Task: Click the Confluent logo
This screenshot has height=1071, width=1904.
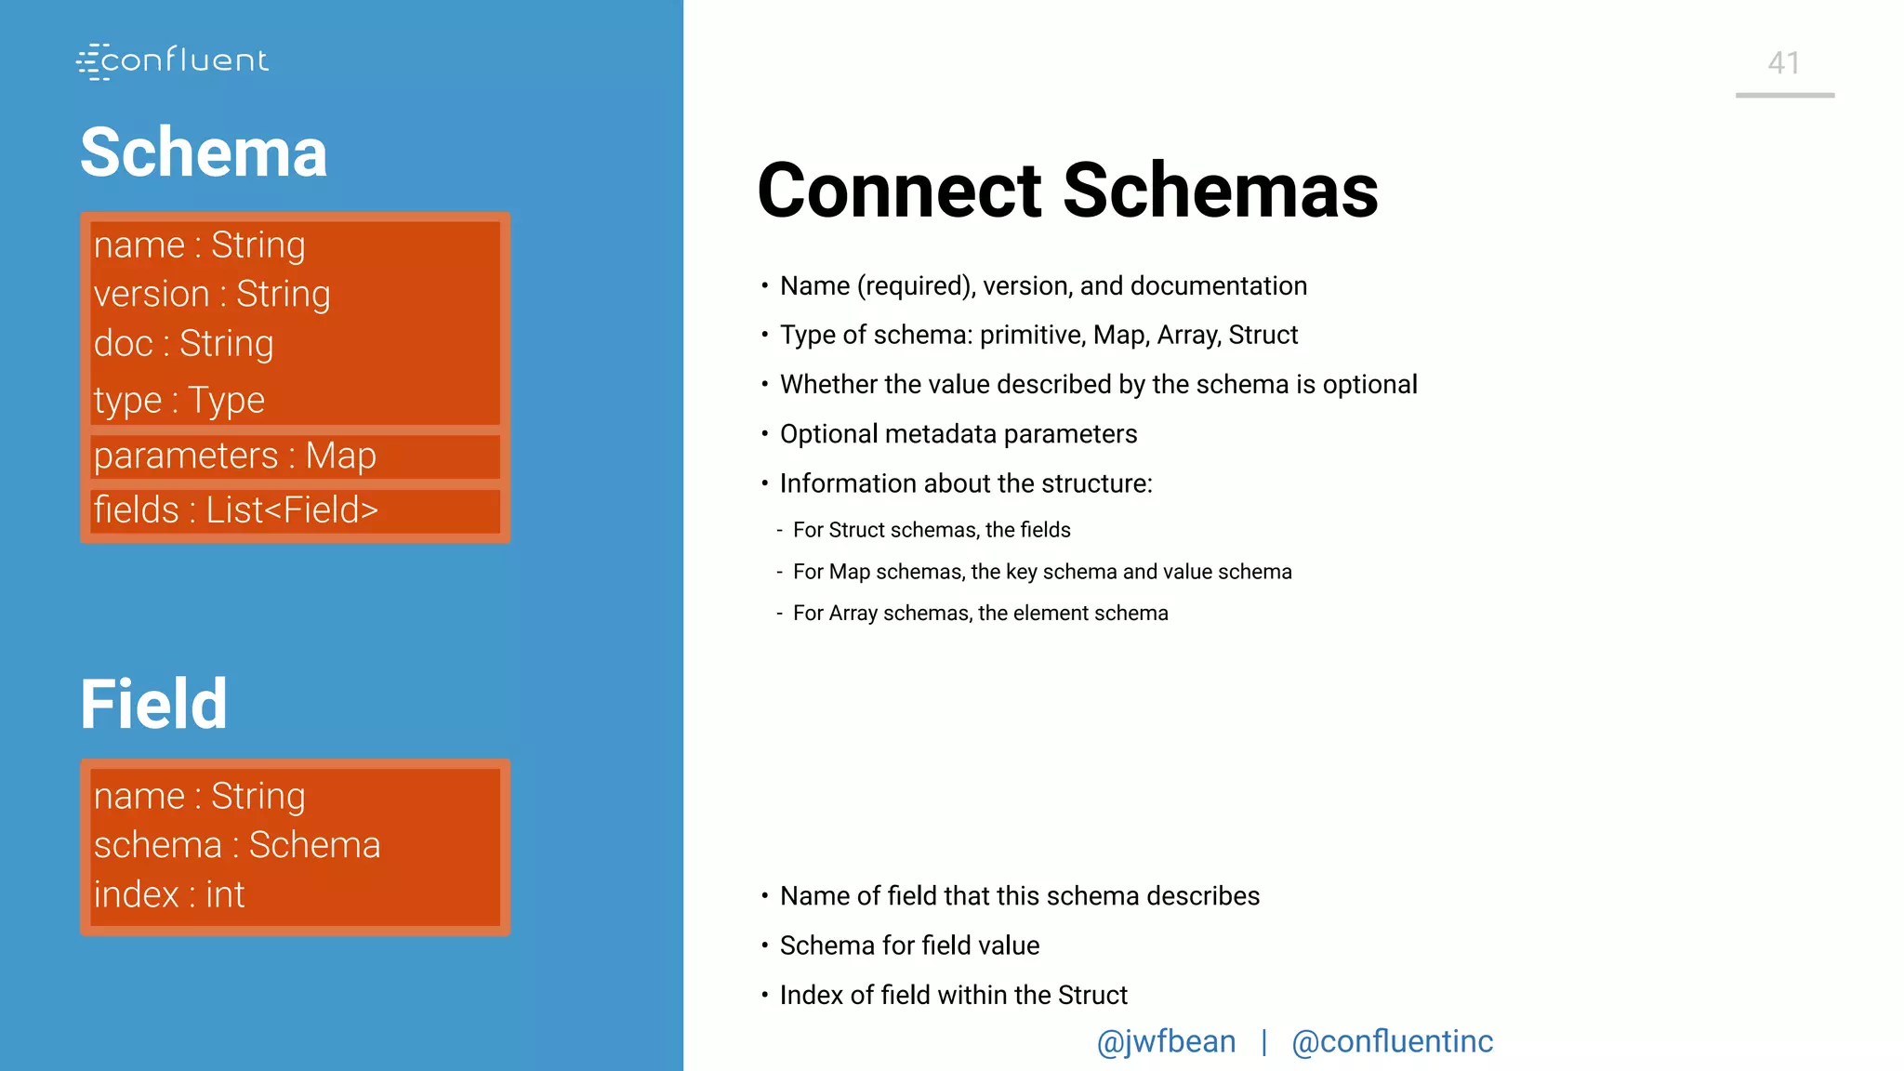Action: click(x=173, y=61)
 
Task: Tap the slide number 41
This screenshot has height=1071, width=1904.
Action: click(x=1783, y=63)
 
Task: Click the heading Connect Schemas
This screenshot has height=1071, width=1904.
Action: click(x=1067, y=191)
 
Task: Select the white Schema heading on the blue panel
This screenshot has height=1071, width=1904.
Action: click(x=204, y=152)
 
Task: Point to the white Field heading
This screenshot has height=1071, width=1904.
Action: click(x=153, y=704)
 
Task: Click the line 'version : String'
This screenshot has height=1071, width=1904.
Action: click(x=212, y=294)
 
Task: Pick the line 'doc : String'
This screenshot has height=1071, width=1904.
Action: click(x=184, y=343)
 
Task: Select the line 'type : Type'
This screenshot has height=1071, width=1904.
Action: click(x=179, y=400)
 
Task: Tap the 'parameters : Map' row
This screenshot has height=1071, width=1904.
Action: click(x=235, y=456)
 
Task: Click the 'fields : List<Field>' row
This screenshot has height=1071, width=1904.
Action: click(x=236, y=509)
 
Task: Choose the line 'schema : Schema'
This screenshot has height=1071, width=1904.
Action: click(x=237, y=845)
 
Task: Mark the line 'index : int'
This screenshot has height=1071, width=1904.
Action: click(x=169, y=894)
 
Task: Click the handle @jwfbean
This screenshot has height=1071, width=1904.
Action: click(x=1166, y=1041)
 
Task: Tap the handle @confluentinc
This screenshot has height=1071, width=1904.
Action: click(x=1392, y=1041)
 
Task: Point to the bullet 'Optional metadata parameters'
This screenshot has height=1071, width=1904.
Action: click(x=958, y=434)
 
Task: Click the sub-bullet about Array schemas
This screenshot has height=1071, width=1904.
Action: click(x=980, y=614)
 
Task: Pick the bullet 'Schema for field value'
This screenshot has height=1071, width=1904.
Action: click(x=909, y=945)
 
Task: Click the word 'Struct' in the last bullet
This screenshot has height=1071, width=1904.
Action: click(x=1092, y=995)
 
